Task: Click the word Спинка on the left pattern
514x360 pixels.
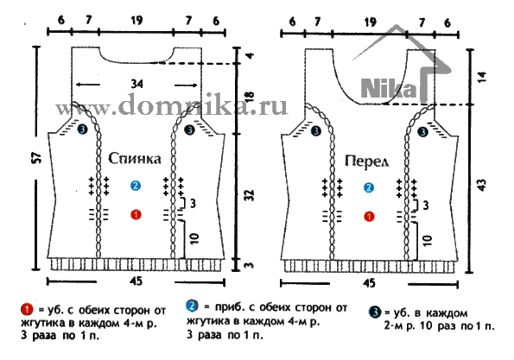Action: [x=135, y=159]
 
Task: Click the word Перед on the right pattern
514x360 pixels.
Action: [x=366, y=161]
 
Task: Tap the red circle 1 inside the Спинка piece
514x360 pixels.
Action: [x=136, y=215]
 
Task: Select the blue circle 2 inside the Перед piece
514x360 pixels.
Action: [x=369, y=187]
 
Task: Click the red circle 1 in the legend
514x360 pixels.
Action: [x=27, y=310]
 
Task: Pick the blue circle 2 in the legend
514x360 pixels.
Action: [x=192, y=306]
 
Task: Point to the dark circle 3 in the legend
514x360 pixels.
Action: [x=375, y=313]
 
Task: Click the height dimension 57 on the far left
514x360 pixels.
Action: [x=37, y=158]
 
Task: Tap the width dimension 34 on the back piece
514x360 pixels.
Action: [x=136, y=85]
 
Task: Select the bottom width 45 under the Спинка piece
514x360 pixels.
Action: [x=136, y=281]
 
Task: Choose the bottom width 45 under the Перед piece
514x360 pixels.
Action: [x=369, y=282]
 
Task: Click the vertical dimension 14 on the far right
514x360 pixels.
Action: [x=483, y=77]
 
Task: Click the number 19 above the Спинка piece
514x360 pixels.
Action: [x=136, y=21]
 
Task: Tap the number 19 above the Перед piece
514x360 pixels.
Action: [x=370, y=22]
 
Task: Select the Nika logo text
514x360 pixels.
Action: [x=389, y=88]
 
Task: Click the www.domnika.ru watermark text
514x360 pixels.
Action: [x=171, y=104]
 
